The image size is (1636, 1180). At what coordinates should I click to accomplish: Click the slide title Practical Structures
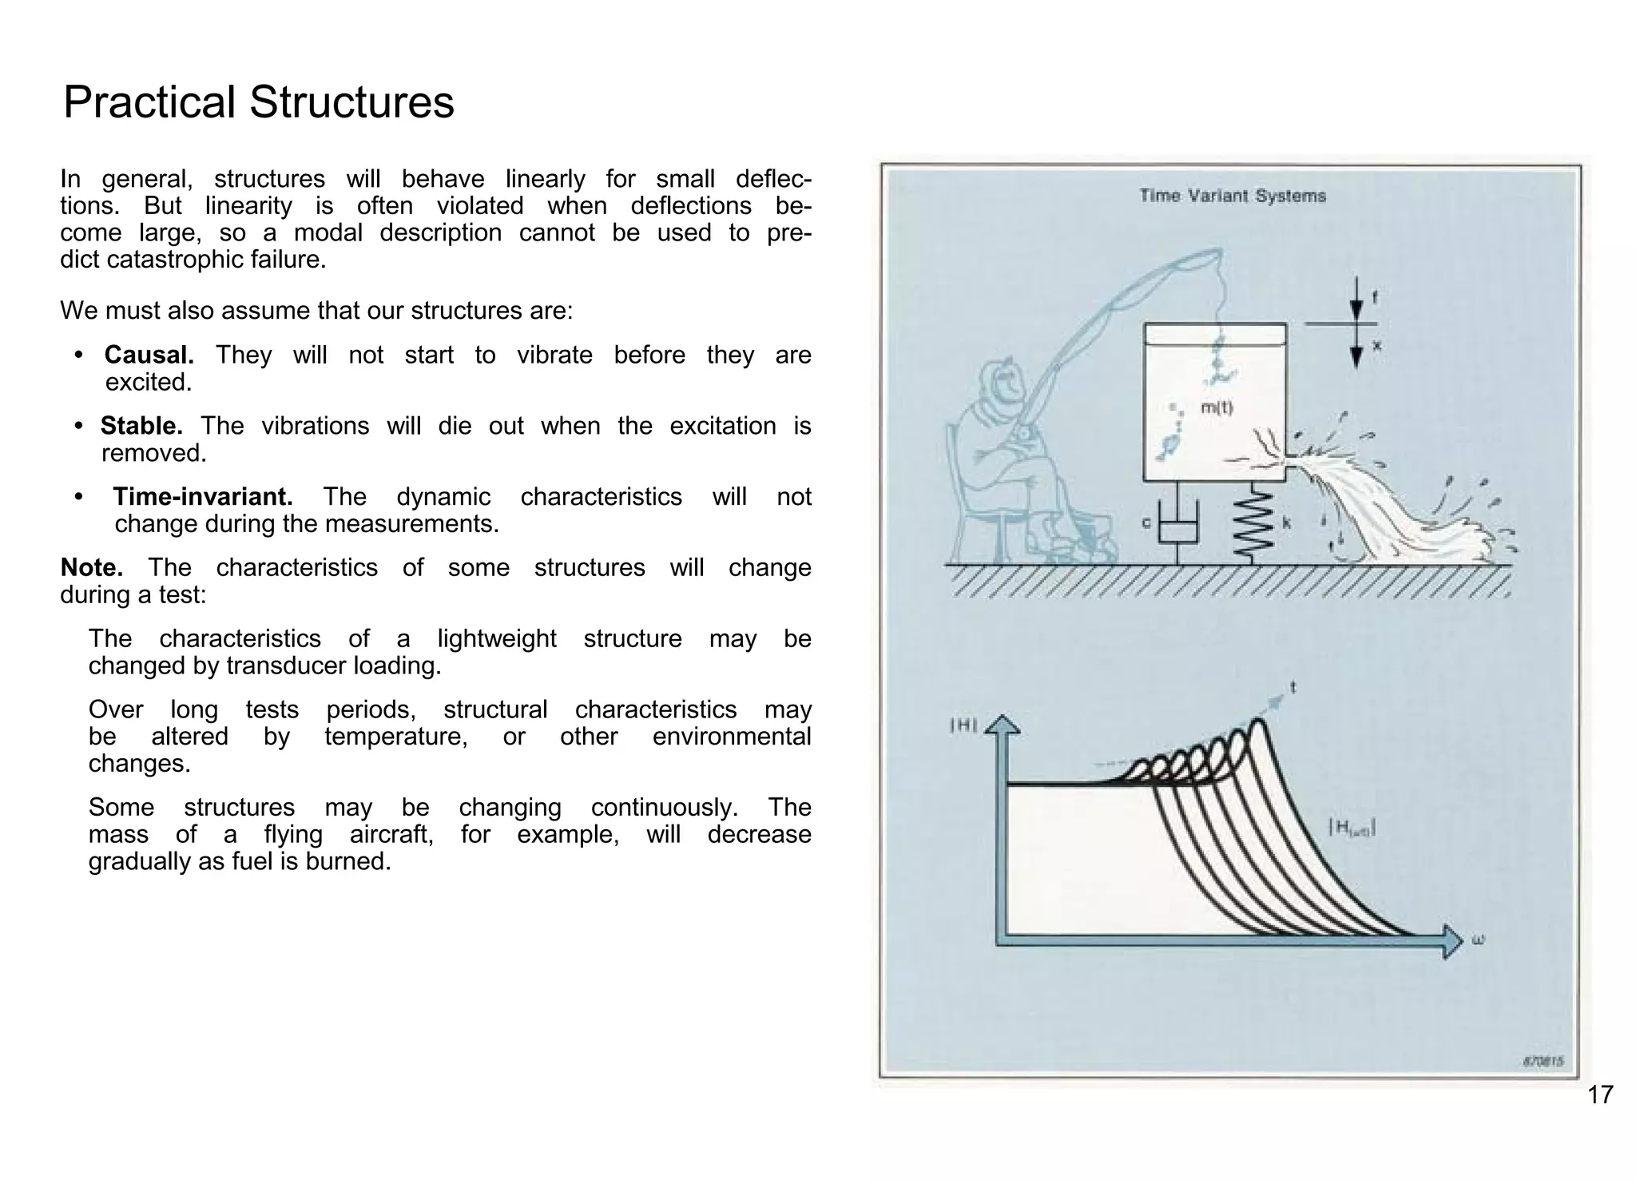click(x=258, y=102)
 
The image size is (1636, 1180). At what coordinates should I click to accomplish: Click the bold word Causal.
click(x=149, y=355)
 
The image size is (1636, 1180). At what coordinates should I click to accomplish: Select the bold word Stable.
click(x=141, y=426)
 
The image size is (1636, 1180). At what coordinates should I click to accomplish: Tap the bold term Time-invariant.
click(x=202, y=497)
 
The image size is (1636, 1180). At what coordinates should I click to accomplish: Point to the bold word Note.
click(x=91, y=568)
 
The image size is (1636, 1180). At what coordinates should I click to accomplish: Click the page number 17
click(x=1600, y=1095)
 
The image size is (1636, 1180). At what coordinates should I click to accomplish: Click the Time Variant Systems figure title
click(x=1232, y=196)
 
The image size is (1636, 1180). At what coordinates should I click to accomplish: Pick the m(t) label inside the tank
click(x=1217, y=407)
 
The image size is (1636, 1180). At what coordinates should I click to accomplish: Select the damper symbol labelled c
click(x=1178, y=527)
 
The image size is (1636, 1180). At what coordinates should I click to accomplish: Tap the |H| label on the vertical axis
click(x=963, y=725)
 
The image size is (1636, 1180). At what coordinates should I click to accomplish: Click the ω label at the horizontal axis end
click(x=1478, y=940)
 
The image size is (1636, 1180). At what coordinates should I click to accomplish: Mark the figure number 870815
click(x=1543, y=1062)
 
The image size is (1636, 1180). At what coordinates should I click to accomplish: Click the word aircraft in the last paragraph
click(x=391, y=835)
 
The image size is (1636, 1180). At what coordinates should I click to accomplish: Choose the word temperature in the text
click(x=395, y=737)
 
